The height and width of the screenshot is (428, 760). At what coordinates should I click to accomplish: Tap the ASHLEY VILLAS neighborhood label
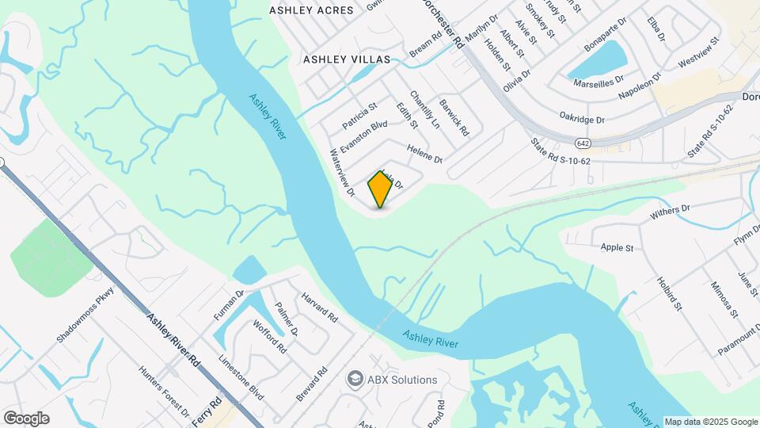347,59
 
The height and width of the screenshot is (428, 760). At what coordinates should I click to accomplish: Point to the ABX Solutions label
401,380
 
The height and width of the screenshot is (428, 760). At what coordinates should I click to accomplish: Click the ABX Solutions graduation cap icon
355,379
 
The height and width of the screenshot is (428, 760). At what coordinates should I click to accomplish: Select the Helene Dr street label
424,152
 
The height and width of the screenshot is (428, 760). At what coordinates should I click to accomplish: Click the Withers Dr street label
670,210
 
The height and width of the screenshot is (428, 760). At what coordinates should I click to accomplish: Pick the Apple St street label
617,248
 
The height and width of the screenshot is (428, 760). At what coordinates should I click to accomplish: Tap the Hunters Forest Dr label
163,391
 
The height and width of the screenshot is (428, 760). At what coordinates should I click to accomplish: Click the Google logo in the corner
26,418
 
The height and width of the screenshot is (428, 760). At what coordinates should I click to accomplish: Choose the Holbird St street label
668,293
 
